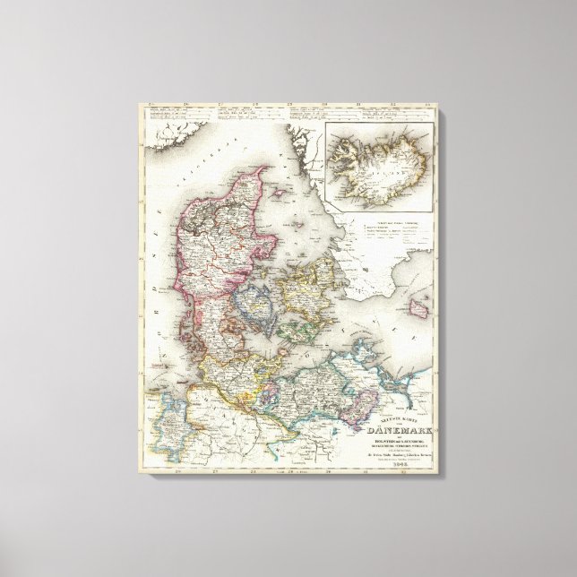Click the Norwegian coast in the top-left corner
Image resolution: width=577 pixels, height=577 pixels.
point(170,134)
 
